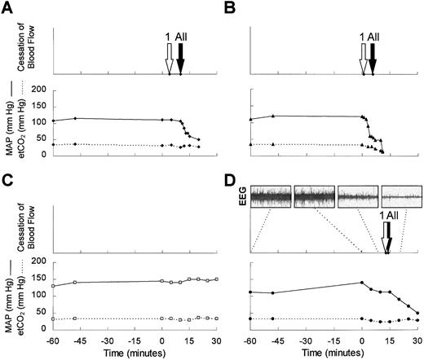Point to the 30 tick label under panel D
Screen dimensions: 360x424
[x=417, y=338]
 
